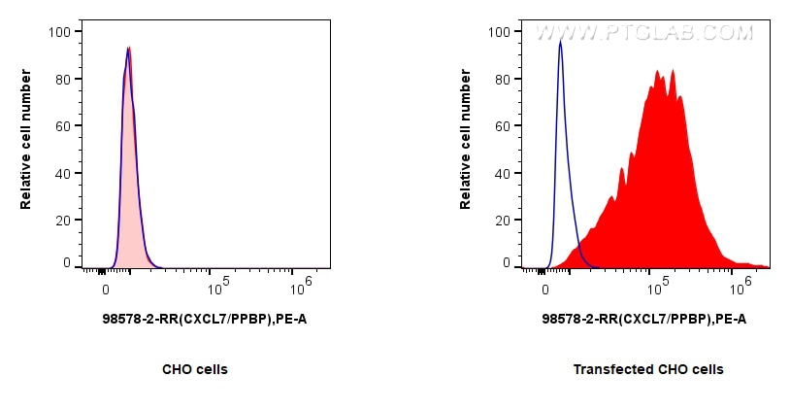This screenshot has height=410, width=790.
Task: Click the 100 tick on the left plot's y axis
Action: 61,32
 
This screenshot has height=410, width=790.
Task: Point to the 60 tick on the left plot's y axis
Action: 61,126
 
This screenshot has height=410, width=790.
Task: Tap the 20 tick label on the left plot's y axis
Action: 61,221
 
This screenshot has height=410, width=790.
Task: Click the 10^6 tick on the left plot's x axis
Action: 302,286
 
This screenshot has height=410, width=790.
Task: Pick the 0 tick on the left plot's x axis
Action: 105,288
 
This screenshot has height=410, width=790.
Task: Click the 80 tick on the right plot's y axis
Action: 501,79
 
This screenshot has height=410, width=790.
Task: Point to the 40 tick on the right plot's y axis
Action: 501,173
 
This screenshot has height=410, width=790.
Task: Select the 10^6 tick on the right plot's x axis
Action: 741,286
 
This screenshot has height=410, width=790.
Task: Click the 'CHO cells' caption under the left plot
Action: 195,369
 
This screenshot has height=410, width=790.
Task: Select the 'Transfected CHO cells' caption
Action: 648,369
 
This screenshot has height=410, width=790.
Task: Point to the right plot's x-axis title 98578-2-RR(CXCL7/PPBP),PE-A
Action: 644,319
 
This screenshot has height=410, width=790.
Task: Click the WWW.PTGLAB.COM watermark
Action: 644,33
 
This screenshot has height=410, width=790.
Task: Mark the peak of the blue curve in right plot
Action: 560,42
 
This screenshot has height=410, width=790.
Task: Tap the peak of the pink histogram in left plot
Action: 128,48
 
